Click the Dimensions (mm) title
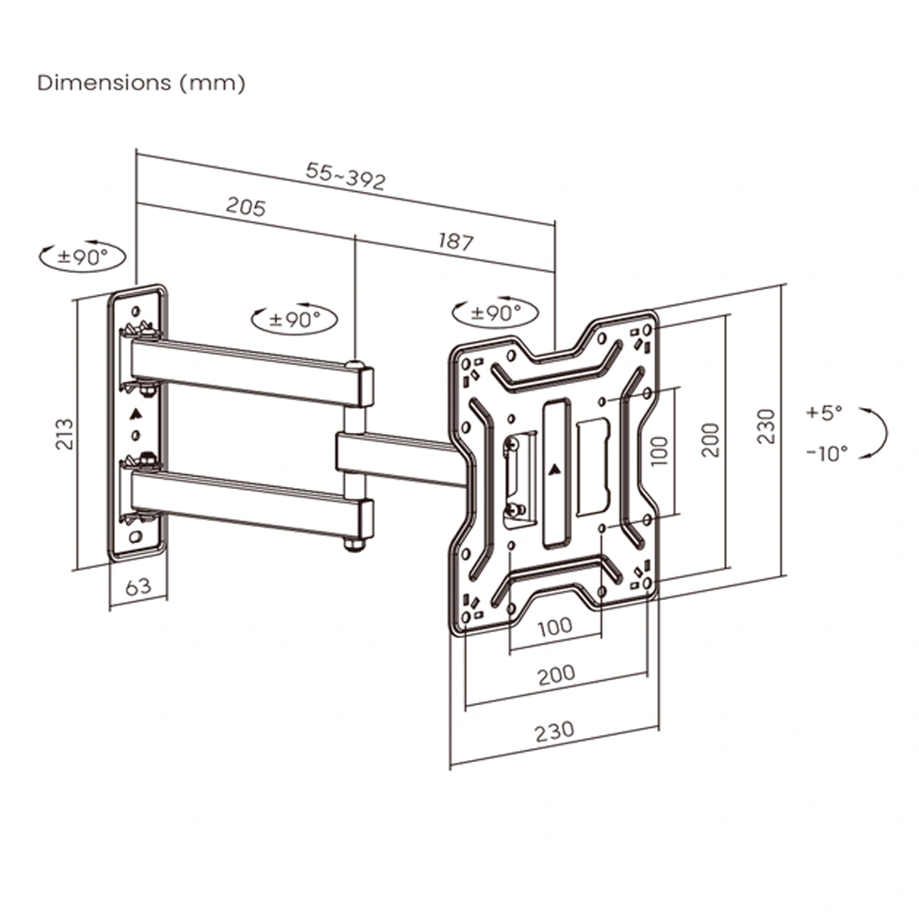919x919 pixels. [x=141, y=83]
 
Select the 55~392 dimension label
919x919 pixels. [x=346, y=177]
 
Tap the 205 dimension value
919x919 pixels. [x=245, y=208]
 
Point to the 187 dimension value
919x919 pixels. [x=455, y=242]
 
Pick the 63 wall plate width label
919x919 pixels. [x=138, y=586]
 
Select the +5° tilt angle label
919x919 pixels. [x=823, y=413]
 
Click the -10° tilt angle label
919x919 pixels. [x=826, y=452]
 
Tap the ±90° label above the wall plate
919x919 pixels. [x=83, y=257]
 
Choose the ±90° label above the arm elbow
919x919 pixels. [x=294, y=320]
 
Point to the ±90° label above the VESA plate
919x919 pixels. [x=496, y=312]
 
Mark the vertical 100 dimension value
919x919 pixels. [x=659, y=449]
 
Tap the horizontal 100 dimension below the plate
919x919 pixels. [x=554, y=627]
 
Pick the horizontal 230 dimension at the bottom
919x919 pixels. [x=554, y=731]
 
